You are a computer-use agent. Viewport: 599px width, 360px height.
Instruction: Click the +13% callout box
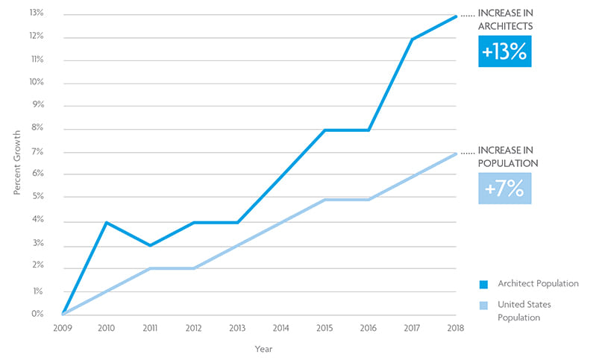pos(505,53)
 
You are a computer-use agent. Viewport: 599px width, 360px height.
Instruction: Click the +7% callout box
pos(505,189)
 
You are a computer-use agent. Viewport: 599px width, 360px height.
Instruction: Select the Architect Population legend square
pos(483,284)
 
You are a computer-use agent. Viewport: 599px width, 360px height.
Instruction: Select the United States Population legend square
pos(483,306)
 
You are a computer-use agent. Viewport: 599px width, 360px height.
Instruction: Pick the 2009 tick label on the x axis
pos(63,327)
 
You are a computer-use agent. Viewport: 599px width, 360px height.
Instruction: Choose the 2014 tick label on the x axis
pos(281,327)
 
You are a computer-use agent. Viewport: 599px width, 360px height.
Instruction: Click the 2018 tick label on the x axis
pos(455,327)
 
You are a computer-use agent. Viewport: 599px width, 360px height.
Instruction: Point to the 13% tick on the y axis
pos(36,14)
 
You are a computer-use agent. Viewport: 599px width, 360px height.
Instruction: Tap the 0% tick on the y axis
pos(37,314)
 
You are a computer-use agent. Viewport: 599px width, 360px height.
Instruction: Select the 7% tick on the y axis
pos(37,152)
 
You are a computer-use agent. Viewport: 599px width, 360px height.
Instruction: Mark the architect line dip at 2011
pos(151,245)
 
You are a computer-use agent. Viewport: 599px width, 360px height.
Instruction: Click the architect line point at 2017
pos(412,39)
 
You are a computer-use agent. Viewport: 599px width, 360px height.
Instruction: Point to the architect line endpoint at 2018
pos(455,16)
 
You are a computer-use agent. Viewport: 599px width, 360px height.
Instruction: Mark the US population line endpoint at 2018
pos(455,154)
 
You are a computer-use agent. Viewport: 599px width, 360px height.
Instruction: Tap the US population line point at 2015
pos(324,200)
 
